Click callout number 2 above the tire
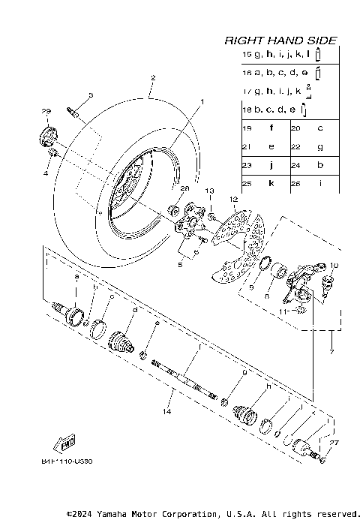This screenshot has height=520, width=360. (x=152, y=78)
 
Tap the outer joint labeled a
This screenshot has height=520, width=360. (x=74, y=314)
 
